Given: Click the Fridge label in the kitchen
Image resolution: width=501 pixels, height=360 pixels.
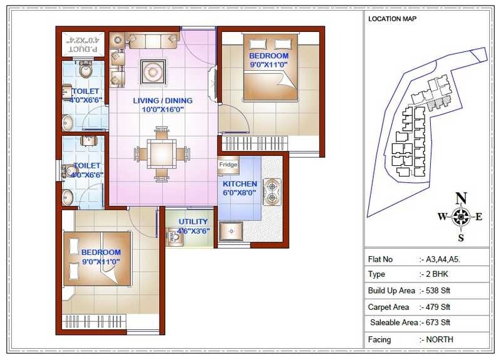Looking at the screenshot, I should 227,165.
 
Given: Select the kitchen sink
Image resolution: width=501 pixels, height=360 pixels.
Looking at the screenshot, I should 232,231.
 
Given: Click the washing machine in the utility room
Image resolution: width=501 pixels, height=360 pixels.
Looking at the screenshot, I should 172,235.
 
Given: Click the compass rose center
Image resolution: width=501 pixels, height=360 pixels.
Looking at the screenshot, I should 461,217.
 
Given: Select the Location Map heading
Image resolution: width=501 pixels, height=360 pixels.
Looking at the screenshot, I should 392,19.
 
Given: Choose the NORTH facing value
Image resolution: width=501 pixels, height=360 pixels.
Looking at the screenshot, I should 439,340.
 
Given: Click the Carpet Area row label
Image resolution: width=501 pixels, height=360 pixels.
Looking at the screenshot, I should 389,307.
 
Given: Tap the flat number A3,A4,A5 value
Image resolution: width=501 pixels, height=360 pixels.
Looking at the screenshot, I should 442,259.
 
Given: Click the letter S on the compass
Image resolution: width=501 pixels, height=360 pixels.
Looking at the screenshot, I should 461,237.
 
